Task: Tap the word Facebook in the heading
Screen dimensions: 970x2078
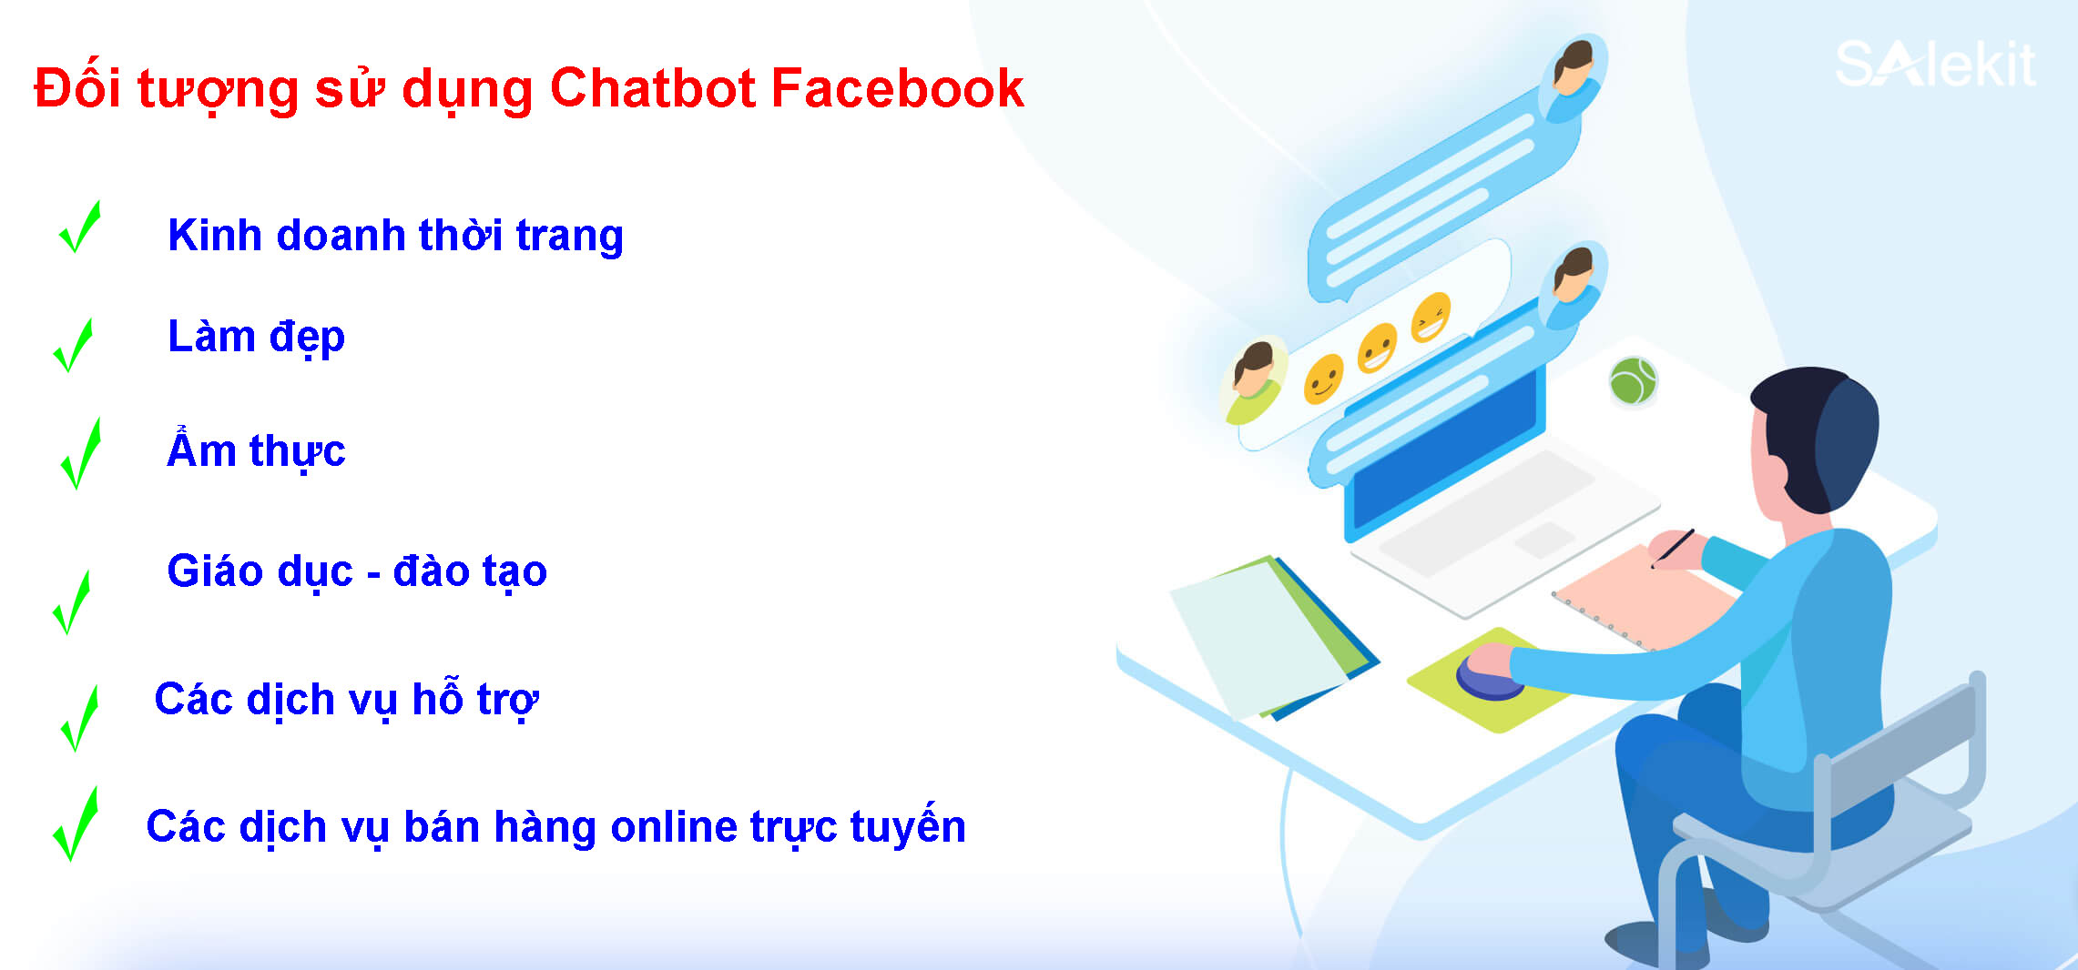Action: (898, 88)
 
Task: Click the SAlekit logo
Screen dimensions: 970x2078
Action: (1935, 64)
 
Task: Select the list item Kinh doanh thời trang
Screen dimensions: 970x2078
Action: (395, 236)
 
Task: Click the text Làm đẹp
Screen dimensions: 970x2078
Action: (256, 338)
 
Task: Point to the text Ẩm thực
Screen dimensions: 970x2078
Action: (256, 450)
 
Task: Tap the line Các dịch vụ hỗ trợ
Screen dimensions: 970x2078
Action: (346, 700)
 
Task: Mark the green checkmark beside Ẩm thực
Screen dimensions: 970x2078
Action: (81, 454)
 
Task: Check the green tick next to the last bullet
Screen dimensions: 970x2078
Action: (76, 824)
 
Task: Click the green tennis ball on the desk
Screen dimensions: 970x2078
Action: (1633, 380)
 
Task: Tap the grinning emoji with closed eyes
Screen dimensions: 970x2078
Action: (1431, 318)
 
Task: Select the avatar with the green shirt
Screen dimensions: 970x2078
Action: (1254, 382)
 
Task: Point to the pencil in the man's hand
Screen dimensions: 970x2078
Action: (1674, 548)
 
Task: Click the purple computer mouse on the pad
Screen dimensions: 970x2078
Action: (1489, 675)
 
